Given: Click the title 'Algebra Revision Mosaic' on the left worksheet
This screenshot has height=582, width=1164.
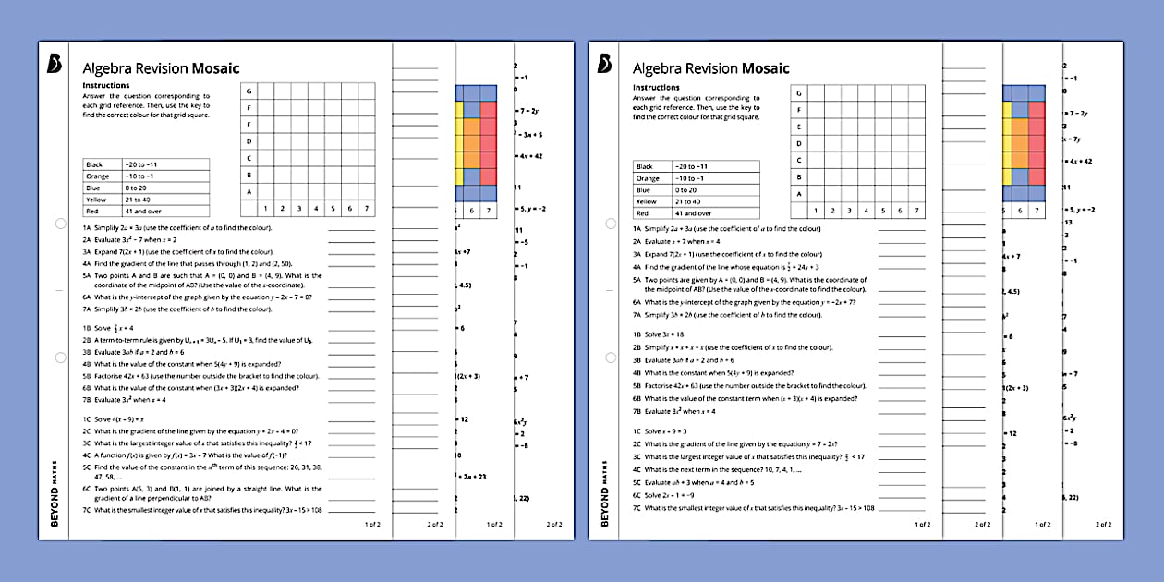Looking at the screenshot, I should click(x=161, y=68).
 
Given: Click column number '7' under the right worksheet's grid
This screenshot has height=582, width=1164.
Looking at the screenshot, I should click(x=915, y=210).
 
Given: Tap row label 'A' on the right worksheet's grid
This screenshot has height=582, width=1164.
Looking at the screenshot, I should click(x=798, y=194).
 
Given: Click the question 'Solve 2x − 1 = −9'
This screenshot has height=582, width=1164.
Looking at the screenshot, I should click(x=672, y=495).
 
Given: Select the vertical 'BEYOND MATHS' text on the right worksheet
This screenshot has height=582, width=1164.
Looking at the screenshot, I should click(x=605, y=492).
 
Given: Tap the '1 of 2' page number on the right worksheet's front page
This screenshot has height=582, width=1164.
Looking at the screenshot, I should click(x=922, y=524).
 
